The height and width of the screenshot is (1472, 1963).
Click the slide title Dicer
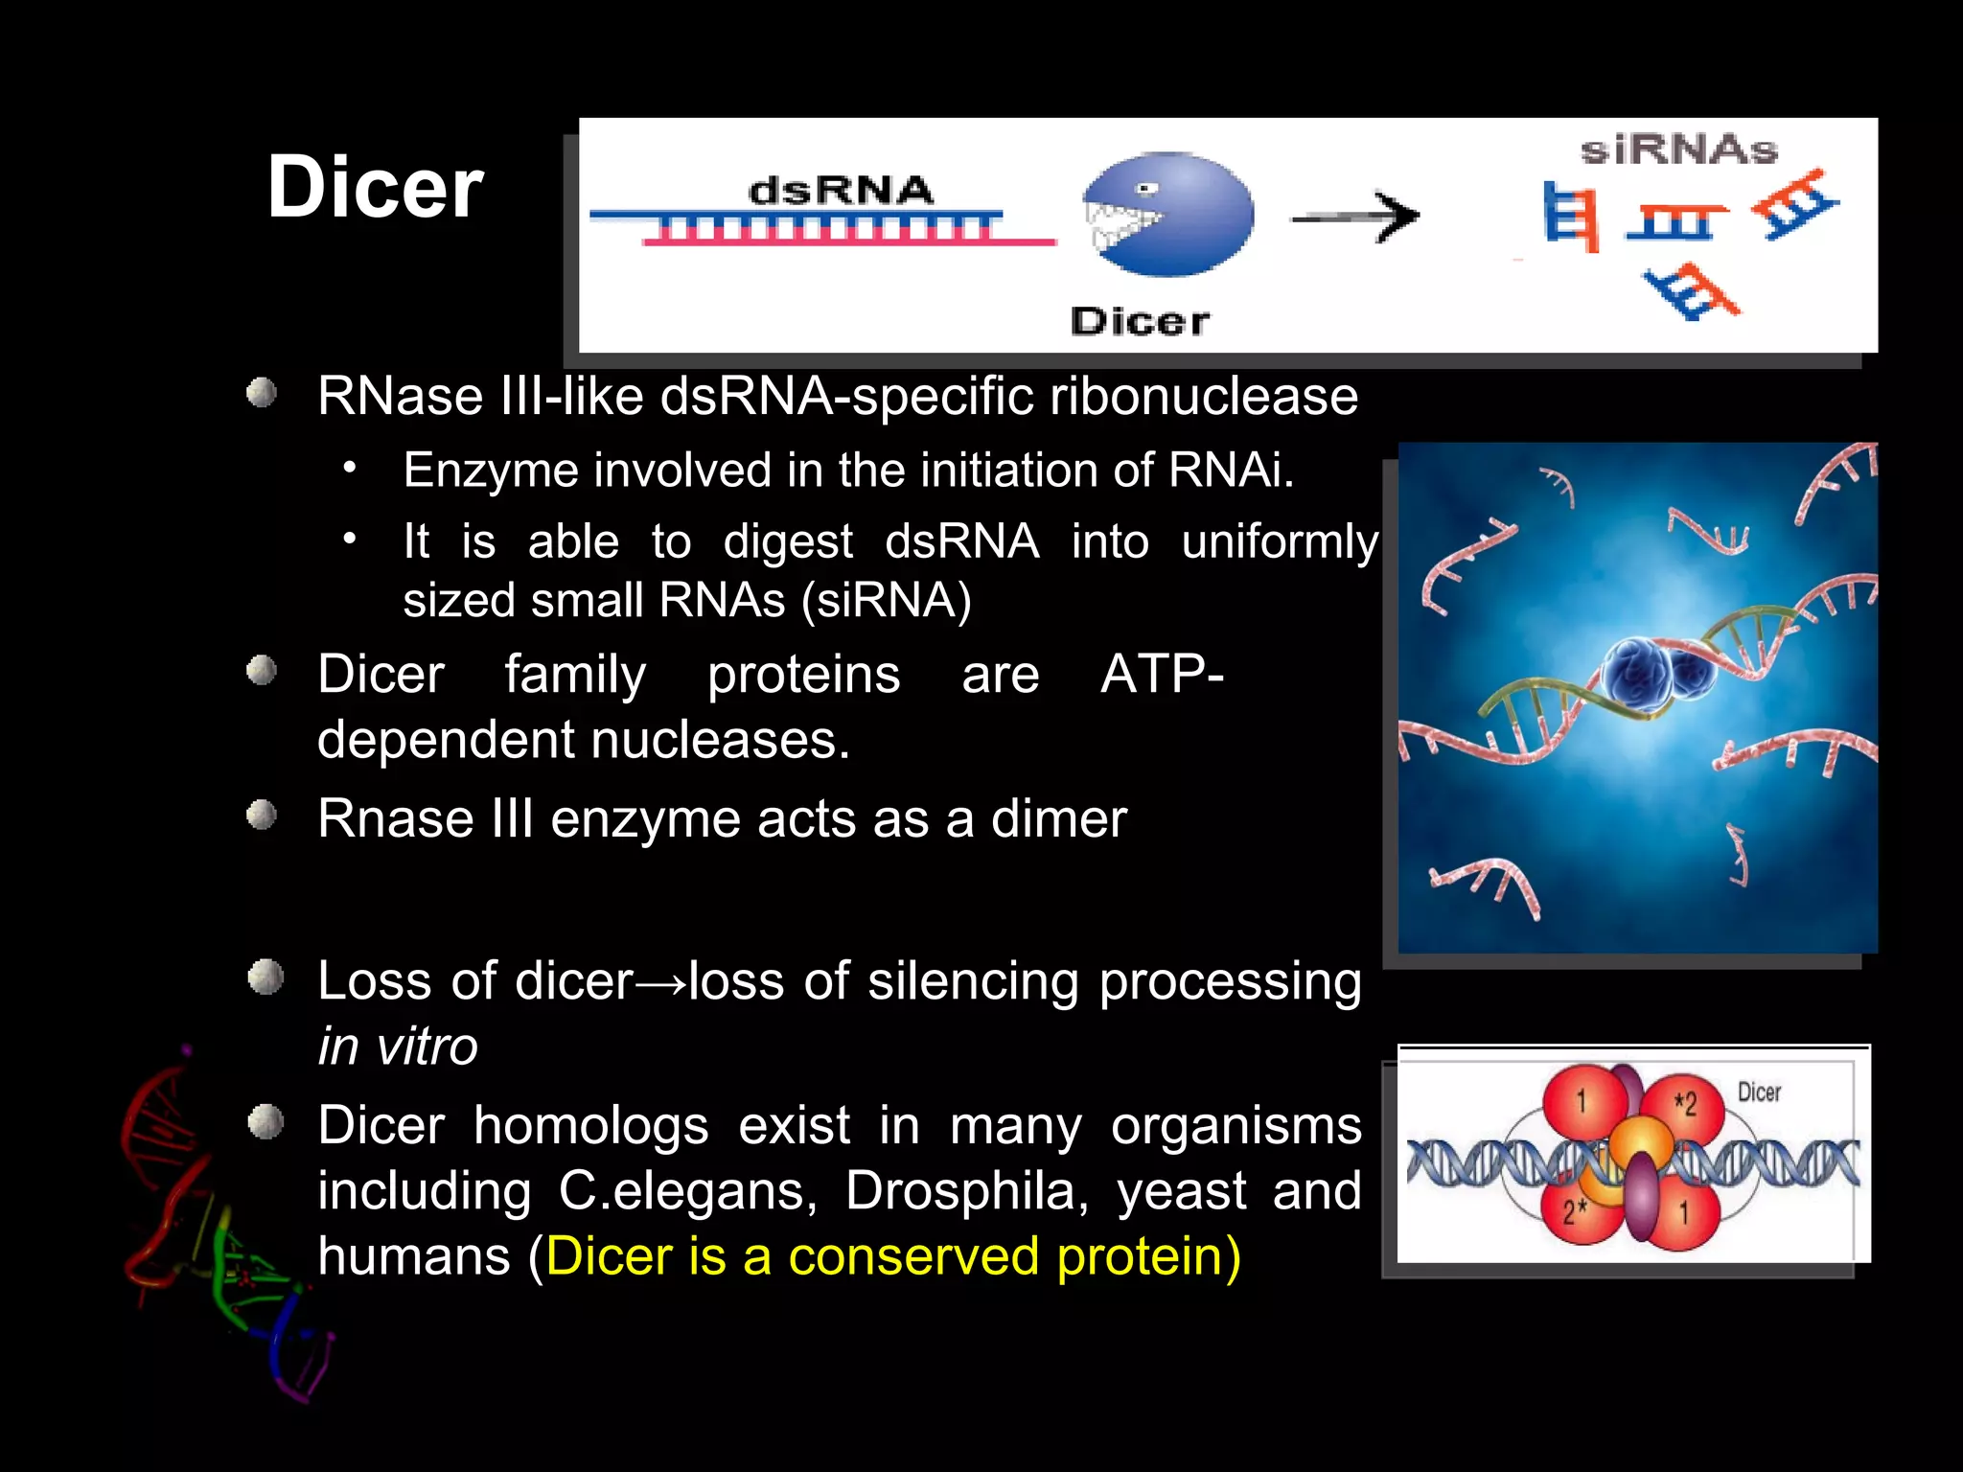tap(375, 188)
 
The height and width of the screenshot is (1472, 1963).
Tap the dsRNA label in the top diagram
tap(840, 191)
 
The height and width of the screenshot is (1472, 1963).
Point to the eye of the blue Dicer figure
tap(1147, 189)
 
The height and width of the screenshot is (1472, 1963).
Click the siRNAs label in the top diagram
tap(1678, 150)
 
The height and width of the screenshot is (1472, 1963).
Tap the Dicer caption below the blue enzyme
tap(1140, 321)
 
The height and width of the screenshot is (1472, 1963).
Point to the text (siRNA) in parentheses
tap(887, 601)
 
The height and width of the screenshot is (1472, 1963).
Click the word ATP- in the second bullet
tap(1162, 674)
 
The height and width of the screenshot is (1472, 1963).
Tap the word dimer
tap(1058, 819)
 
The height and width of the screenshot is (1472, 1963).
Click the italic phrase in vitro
tap(398, 1046)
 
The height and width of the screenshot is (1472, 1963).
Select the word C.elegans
tap(686, 1191)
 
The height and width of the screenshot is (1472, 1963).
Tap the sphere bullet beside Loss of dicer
tap(266, 978)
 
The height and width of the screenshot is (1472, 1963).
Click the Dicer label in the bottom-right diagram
tap(1759, 1092)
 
